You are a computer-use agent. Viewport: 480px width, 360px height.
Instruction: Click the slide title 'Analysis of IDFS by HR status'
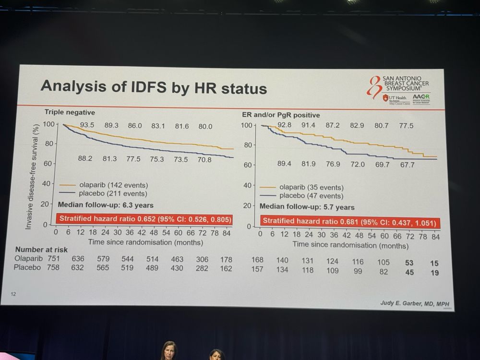pyautogui.click(x=154, y=87)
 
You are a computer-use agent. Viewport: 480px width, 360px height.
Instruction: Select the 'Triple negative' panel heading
pyautogui.click(x=70, y=112)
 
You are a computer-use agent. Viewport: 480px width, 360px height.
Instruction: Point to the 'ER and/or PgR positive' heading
pyautogui.click(x=281, y=115)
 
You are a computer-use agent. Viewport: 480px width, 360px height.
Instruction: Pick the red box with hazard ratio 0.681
pyautogui.click(x=350, y=222)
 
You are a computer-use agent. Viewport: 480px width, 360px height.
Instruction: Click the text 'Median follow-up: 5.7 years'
pyautogui.click(x=307, y=207)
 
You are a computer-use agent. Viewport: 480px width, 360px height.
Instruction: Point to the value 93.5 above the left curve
pyautogui.click(x=87, y=126)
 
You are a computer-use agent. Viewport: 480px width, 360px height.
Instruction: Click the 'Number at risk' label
pyautogui.click(x=41, y=250)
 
